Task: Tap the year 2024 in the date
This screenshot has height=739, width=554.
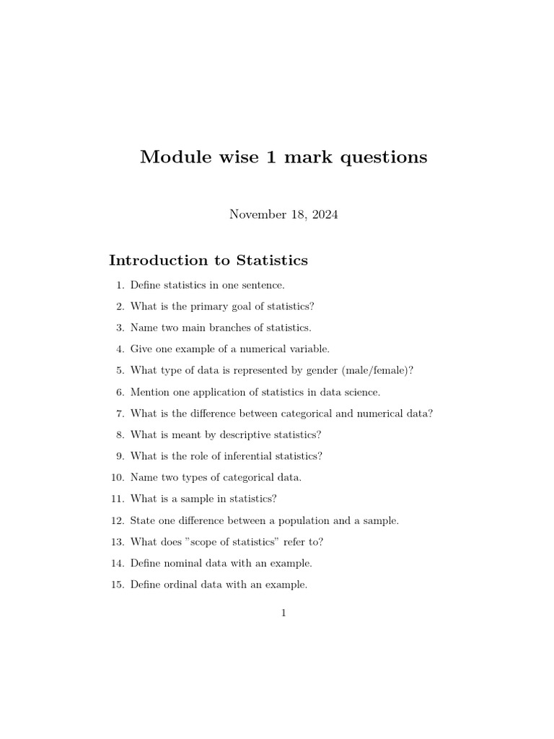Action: click(x=323, y=214)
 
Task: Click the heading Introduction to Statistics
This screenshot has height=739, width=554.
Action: click(x=208, y=261)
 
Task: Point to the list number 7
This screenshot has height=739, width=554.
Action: click(x=120, y=414)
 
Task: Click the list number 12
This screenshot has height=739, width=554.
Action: click(x=118, y=520)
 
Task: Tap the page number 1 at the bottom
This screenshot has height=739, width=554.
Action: click(x=283, y=613)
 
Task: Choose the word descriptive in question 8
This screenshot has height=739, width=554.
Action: click(x=237, y=434)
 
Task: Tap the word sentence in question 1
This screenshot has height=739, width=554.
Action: click(x=262, y=285)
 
